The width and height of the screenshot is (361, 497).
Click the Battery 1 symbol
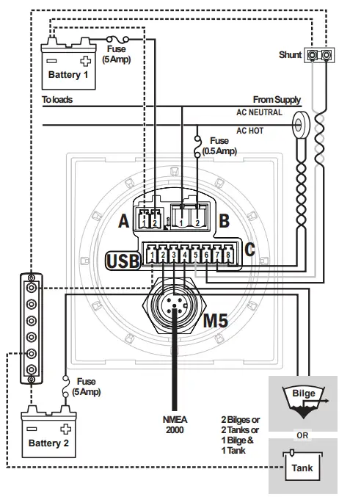coord(68,63)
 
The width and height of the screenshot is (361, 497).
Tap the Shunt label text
coord(291,55)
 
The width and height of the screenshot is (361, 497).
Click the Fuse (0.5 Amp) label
coord(219,145)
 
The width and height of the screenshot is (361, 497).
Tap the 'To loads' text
coord(57,99)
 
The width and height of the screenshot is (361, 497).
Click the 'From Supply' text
coord(277,99)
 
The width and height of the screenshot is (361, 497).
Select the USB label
coord(123,260)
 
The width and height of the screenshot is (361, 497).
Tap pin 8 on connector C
coord(228,255)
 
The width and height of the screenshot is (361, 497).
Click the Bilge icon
coord(304,401)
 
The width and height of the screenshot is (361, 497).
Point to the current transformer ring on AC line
coord(300,122)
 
